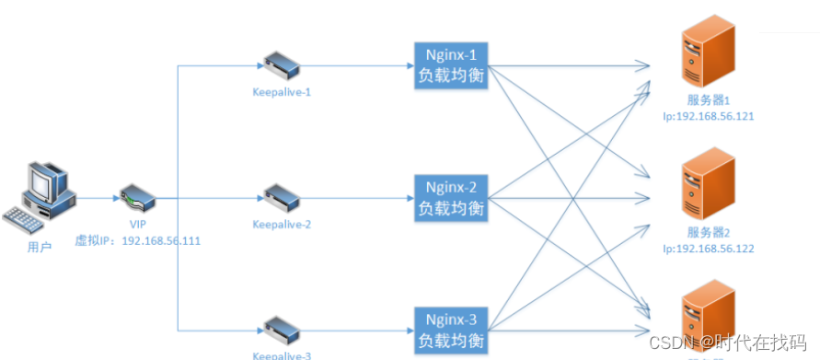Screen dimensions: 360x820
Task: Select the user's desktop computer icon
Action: (x=44, y=187)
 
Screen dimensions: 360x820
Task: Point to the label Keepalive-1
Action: (x=282, y=92)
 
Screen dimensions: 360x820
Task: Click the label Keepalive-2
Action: (x=282, y=224)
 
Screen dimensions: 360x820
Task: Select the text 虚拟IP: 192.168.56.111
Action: (x=138, y=241)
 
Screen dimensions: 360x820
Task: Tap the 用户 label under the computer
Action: (x=40, y=246)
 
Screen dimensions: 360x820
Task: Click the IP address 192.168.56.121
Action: (x=708, y=118)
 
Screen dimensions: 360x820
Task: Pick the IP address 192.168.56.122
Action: (x=708, y=249)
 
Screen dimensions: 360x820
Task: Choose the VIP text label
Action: (x=138, y=225)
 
